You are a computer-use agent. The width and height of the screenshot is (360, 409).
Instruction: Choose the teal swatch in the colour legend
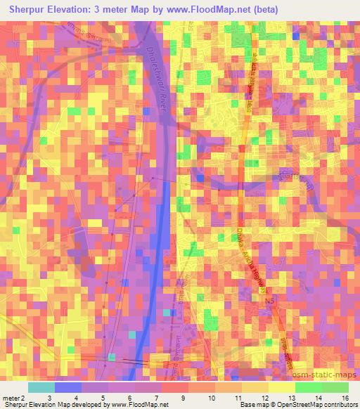(41, 387)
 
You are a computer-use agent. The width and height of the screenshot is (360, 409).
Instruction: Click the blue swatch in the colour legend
(68, 387)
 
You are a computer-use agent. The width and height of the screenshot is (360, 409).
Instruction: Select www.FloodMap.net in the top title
(209, 10)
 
